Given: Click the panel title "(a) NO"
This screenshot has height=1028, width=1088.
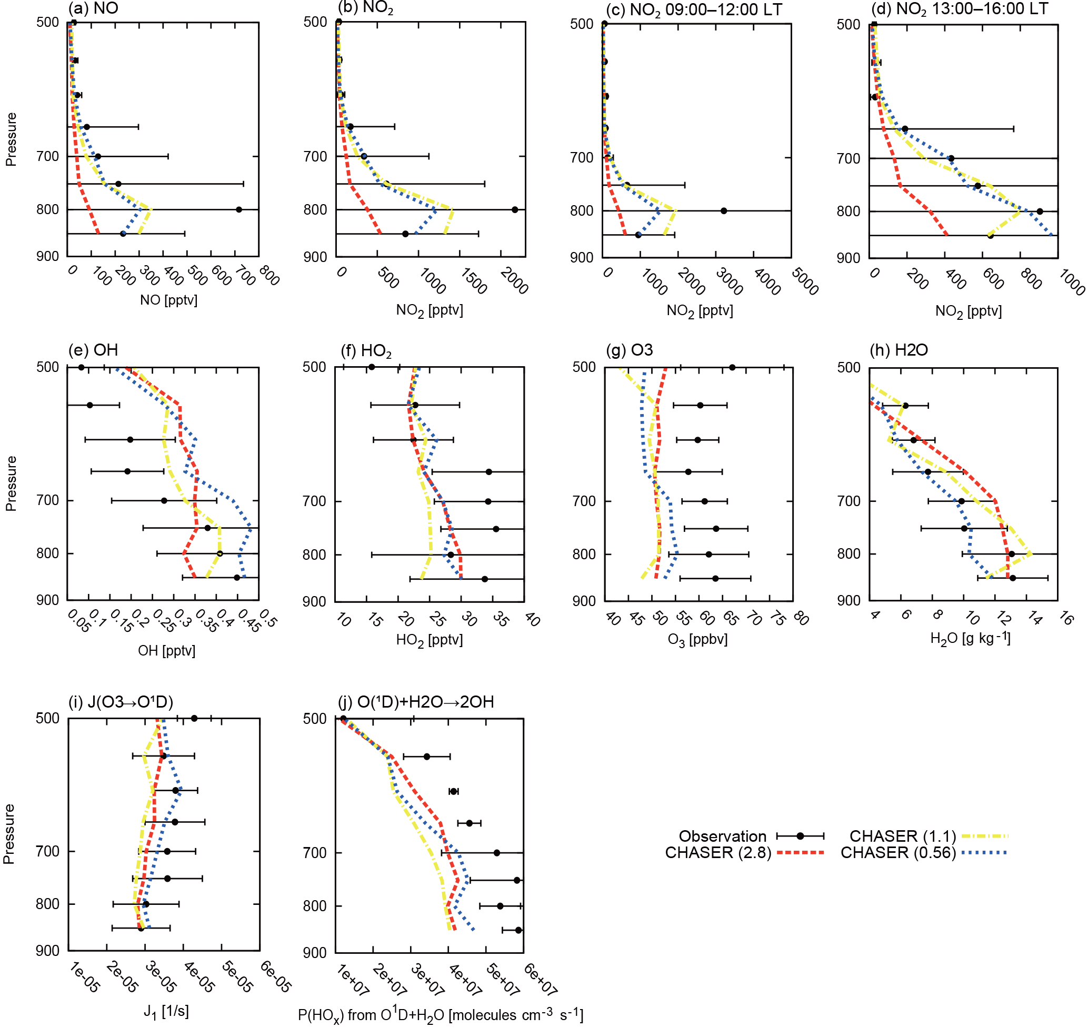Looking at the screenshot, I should click(x=93, y=8).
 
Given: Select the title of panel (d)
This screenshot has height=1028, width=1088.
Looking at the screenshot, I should click(x=959, y=9).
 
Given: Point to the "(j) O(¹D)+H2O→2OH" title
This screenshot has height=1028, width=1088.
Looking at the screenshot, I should click(x=416, y=702).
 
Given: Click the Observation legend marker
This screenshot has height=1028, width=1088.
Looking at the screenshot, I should click(x=800, y=836).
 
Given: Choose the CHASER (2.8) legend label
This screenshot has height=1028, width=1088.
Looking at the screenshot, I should click(x=718, y=853).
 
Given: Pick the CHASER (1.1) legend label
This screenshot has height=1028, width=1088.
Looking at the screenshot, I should click(x=902, y=836).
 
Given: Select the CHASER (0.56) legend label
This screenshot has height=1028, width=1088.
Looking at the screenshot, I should click(x=898, y=853).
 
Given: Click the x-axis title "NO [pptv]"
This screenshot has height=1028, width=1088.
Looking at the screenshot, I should click(x=168, y=300).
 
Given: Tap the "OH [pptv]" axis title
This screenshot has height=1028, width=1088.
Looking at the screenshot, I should click(x=167, y=650).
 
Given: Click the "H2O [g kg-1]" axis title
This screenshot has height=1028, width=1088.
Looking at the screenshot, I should click(x=970, y=638).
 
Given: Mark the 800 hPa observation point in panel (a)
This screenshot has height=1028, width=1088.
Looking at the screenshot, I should click(x=239, y=209).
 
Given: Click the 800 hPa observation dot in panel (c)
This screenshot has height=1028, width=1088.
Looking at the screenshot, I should click(x=724, y=211).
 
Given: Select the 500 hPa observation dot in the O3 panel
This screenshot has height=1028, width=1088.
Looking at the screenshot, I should click(x=732, y=367).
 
